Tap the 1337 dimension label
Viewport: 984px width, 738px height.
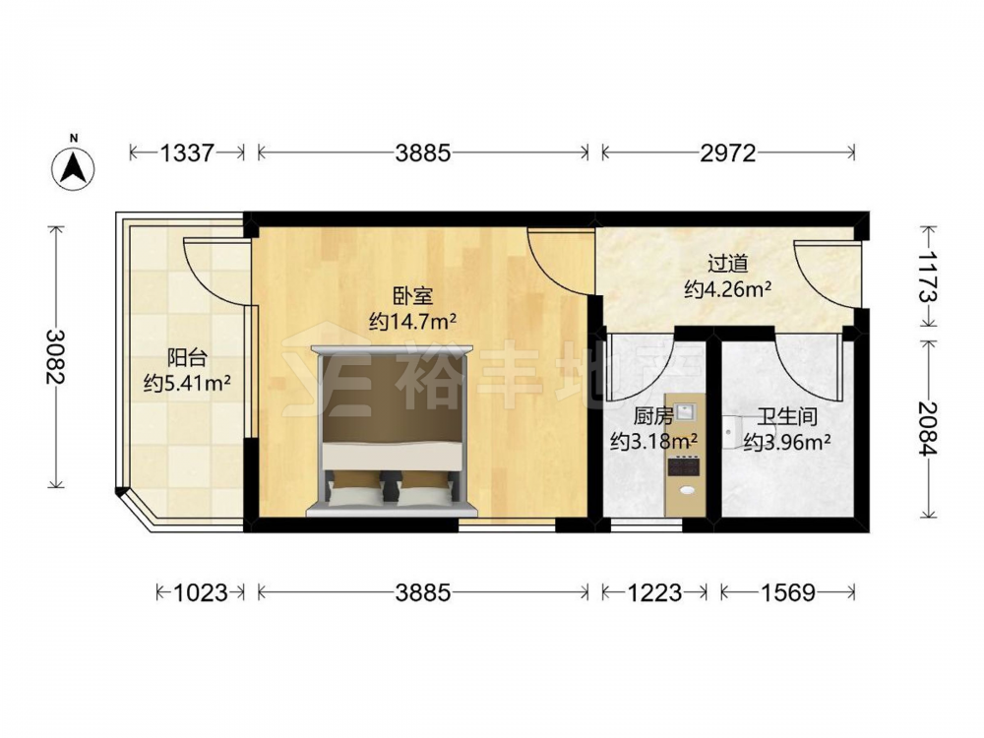coord(187,153)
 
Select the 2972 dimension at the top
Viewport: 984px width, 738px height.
coord(728,153)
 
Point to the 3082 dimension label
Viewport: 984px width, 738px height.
coord(55,356)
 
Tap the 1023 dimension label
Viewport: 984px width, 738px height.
coord(200,591)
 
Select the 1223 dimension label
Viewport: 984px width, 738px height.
coord(654,591)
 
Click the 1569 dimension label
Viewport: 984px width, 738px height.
coord(787,591)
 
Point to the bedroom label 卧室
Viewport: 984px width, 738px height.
coord(412,295)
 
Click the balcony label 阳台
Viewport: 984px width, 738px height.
coord(187,358)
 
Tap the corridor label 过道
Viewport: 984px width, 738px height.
coord(728,264)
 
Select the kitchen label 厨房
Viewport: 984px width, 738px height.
coord(653,416)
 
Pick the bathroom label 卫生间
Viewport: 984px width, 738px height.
coord(787,416)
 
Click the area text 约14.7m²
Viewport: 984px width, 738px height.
coord(412,322)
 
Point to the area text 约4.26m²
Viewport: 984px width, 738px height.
coord(728,289)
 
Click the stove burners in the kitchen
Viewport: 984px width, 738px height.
coord(683,465)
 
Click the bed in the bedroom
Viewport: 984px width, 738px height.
coord(392,431)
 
